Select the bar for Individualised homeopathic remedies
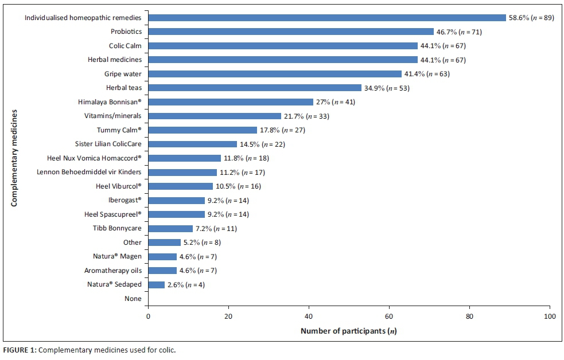coord(327,18)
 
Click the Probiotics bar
coord(291,32)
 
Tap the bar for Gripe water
coord(275,74)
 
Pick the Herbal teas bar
coord(255,88)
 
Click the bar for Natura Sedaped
coord(157,284)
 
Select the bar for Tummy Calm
coord(203,130)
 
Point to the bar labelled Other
coord(165,242)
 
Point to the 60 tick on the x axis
coord(390,316)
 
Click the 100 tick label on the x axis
coord(550,316)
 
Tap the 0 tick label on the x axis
coord(149,316)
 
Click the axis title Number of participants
coord(349,331)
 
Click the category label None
coord(133,299)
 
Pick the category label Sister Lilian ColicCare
coord(108,144)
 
